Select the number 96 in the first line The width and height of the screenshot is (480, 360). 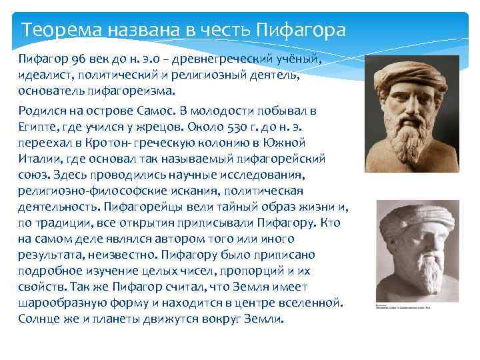(69, 61)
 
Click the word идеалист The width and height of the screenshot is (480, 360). (43, 75)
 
